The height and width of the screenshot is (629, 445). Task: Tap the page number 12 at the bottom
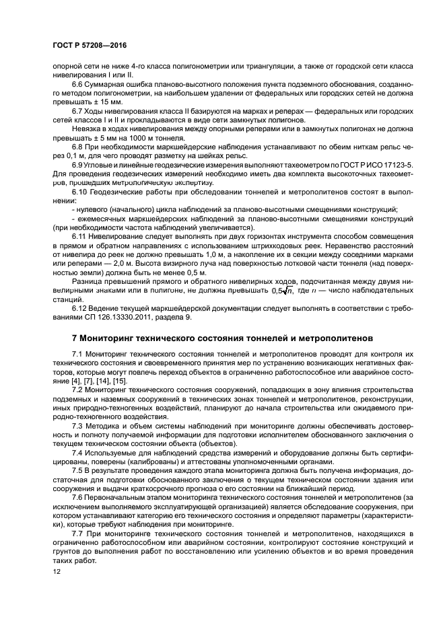(x=56, y=572)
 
